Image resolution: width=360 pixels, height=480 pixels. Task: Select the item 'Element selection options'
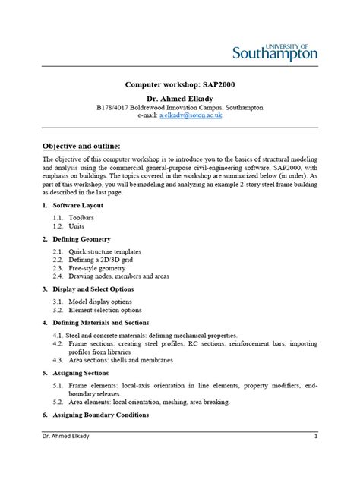coord(105,310)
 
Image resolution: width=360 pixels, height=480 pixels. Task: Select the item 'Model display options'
coord(99,301)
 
